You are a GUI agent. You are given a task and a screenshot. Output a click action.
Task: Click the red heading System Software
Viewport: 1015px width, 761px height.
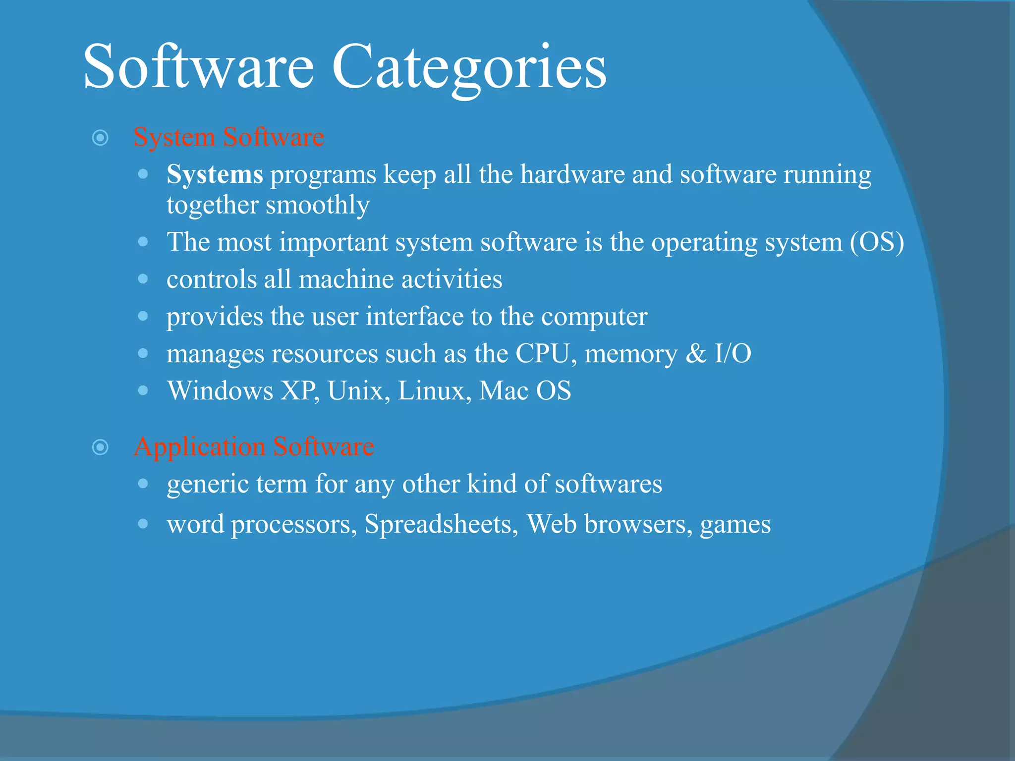(228, 137)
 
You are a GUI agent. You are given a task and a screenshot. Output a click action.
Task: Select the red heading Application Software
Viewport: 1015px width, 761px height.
(254, 446)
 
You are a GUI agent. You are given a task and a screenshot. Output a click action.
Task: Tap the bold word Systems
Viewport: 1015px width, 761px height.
(215, 175)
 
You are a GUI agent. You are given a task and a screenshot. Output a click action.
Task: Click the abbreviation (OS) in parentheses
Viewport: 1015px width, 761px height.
(877, 242)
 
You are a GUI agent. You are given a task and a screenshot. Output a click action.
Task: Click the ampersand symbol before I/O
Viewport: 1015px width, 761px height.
(696, 354)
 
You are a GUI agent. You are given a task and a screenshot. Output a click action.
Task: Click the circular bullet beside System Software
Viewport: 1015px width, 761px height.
(101, 138)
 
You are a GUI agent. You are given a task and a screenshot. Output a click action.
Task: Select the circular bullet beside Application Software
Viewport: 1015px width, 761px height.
(101, 447)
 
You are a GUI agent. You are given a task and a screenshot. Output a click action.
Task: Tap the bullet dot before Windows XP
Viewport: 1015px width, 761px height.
(143, 390)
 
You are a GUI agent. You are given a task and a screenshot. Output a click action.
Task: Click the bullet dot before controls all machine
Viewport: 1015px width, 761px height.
(143, 279)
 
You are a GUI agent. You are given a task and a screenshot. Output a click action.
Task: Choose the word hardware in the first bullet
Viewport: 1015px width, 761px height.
(572, 175)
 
